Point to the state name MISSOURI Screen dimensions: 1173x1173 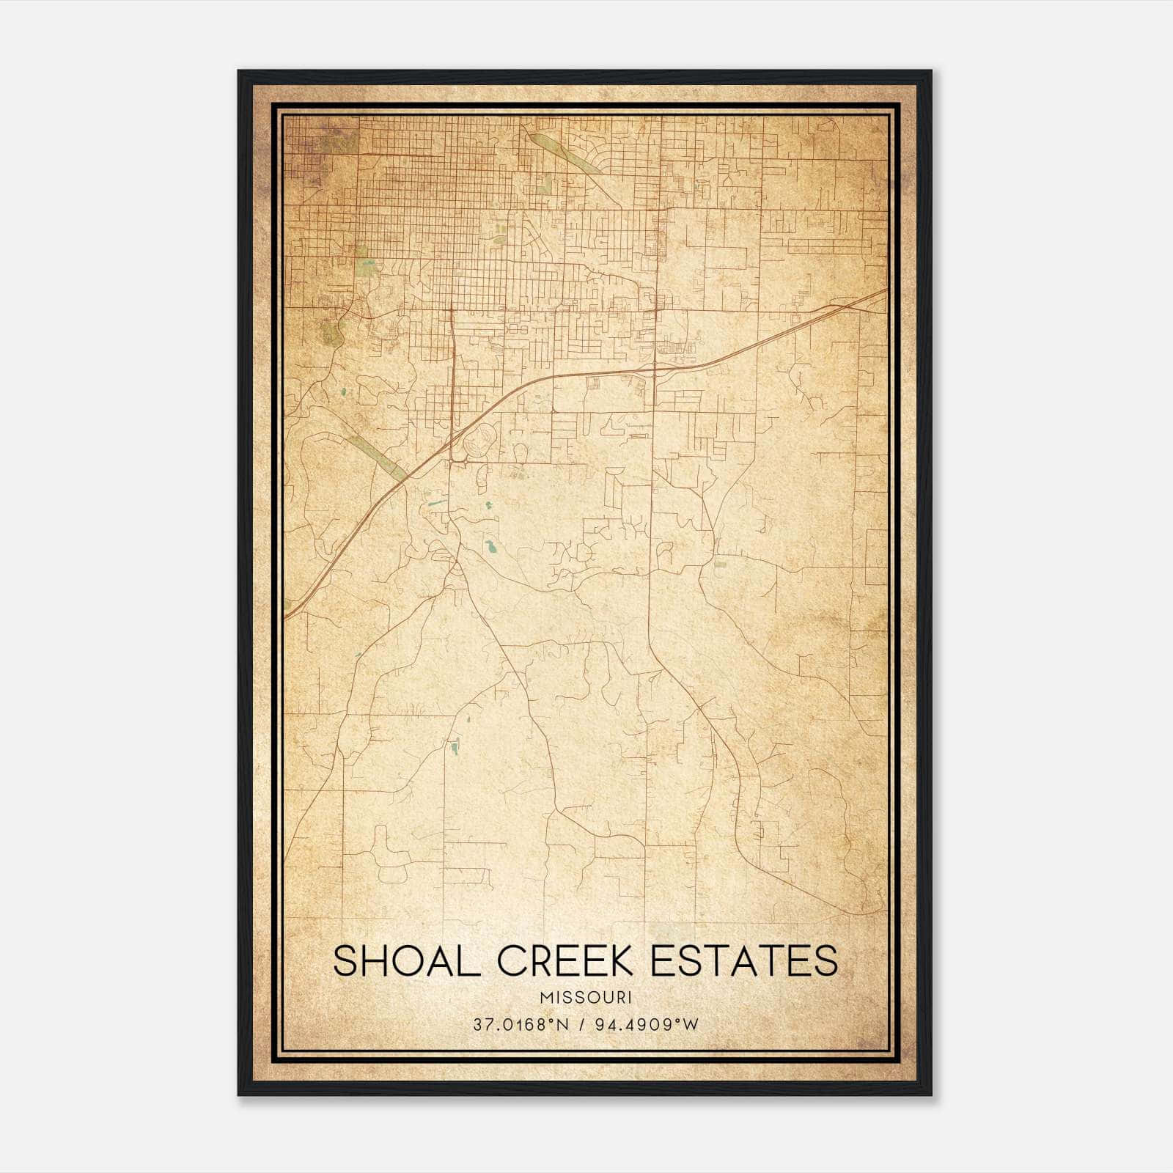(x=585, y=998)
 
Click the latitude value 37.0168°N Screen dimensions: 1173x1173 (x=521, y=1025)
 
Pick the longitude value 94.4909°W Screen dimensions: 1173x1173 (x=645, y=1025)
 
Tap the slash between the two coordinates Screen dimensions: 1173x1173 (x=581, y=1025)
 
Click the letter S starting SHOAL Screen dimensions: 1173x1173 (x=346, y=961)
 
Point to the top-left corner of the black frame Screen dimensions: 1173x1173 (x=239, y=72)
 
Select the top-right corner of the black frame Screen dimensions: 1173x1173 (x=930, y=72)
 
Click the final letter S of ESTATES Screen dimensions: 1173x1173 (x=826, y=961)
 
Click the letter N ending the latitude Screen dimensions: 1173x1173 (x=563, y=1025)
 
